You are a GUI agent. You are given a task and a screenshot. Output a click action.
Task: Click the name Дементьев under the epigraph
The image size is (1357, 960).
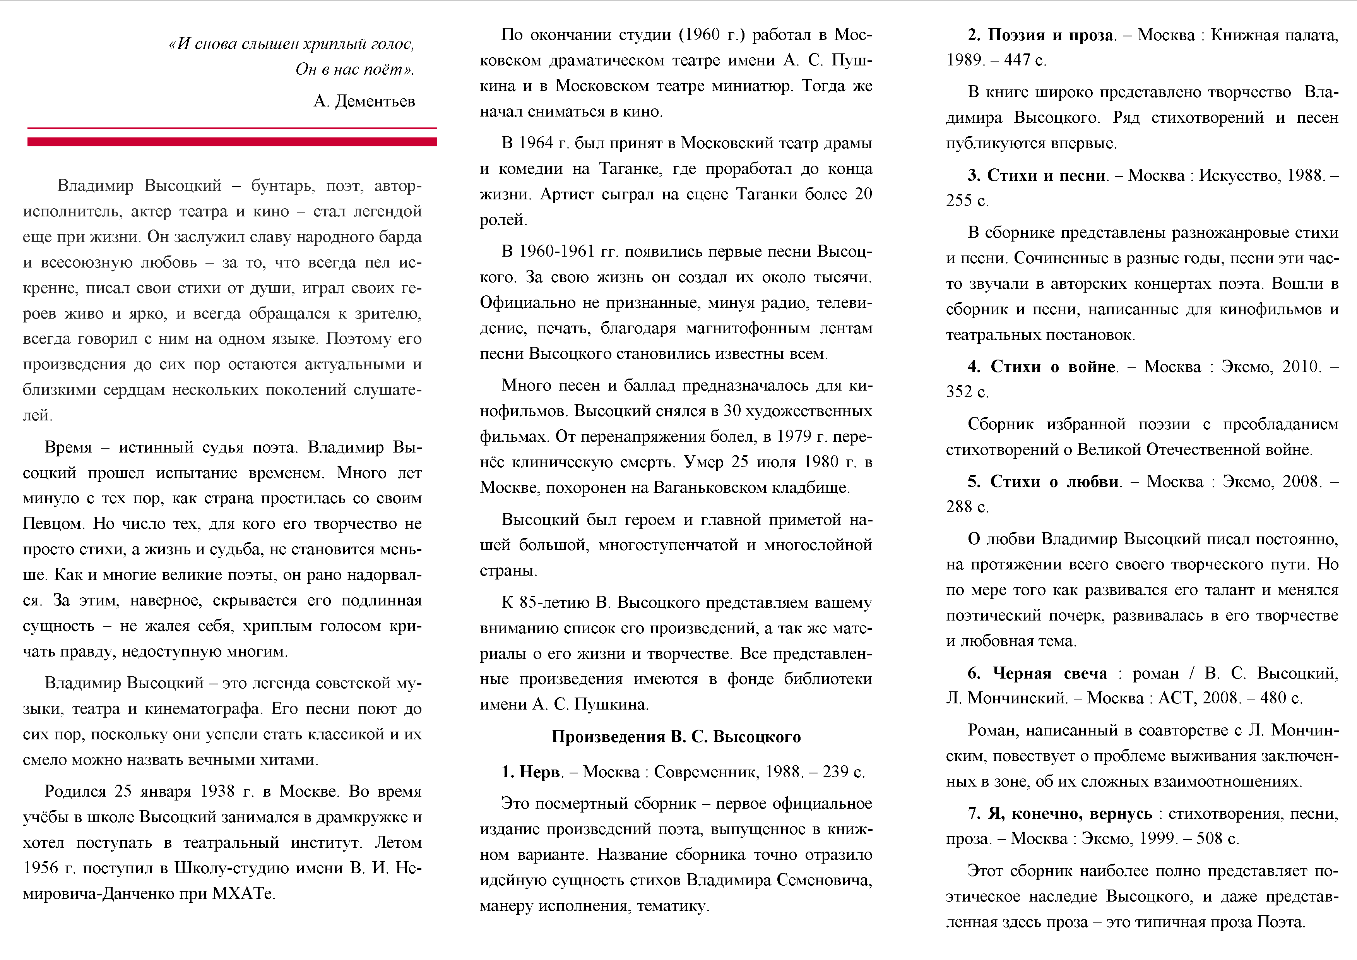pyautogui.click(x=375, y=101)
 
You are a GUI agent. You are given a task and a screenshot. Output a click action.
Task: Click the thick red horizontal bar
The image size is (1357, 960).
pyautogui.click(x=232, y=142)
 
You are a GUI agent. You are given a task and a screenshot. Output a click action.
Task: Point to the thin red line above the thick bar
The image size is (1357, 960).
pyautogui.click(x=232, y=128)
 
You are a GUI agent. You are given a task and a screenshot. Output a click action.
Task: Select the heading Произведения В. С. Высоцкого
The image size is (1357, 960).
pyautogui.click(x=676, y=737)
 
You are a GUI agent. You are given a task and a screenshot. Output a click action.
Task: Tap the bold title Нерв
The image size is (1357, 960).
pyautogui.click(x=539, y=771)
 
